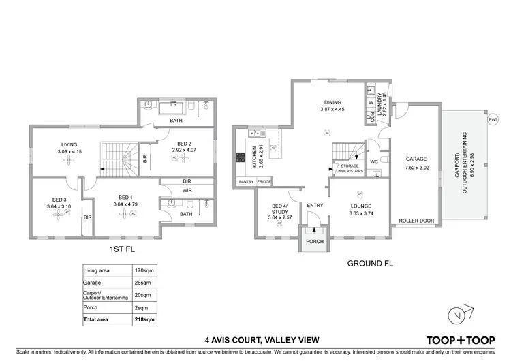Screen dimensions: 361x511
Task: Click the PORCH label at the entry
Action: (314, 240)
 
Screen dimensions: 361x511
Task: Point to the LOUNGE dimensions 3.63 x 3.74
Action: (360, 213)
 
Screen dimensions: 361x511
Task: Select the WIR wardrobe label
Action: (186, 191)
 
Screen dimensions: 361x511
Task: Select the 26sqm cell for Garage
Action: (142, 283)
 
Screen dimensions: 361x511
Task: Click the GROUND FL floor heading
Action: (370, 262)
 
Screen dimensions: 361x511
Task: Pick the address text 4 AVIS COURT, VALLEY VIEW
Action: (255, 339)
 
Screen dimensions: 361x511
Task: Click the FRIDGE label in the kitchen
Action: (264, 182)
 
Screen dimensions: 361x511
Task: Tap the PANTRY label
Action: (246, 182)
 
